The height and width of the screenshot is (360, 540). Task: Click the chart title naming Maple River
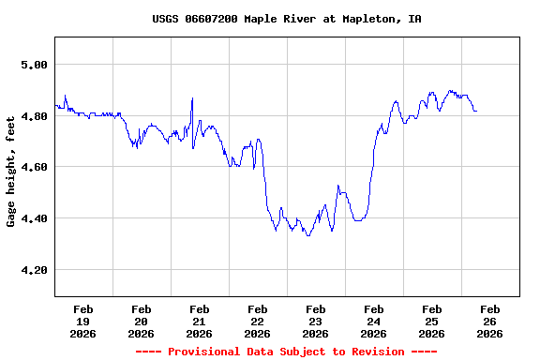(286, 19)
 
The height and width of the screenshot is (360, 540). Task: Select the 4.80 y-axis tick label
(34, 116)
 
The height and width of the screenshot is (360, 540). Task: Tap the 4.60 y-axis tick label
(34, 167)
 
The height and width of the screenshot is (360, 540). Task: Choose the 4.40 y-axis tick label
(34, 218)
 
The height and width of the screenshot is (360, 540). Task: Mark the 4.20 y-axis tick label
(34, 270)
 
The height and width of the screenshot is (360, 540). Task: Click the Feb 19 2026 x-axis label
(83, 321)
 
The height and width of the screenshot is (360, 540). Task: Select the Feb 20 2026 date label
(142, 321)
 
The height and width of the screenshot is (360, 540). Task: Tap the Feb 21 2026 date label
(200, 321)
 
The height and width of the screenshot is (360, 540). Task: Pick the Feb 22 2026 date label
(258, 321)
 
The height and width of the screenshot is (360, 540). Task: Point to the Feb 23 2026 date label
(316, 321)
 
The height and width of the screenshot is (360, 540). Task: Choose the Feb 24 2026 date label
(374, 321)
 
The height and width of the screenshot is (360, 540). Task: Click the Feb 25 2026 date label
(432, 321)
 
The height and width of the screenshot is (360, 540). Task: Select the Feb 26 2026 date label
(490, 321)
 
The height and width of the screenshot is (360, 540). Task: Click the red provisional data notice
(286, 352)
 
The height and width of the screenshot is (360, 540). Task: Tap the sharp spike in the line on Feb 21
(192, 98)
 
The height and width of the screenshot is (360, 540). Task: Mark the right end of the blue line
(476, 111)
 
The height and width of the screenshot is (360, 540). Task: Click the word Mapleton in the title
(372, 19)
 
